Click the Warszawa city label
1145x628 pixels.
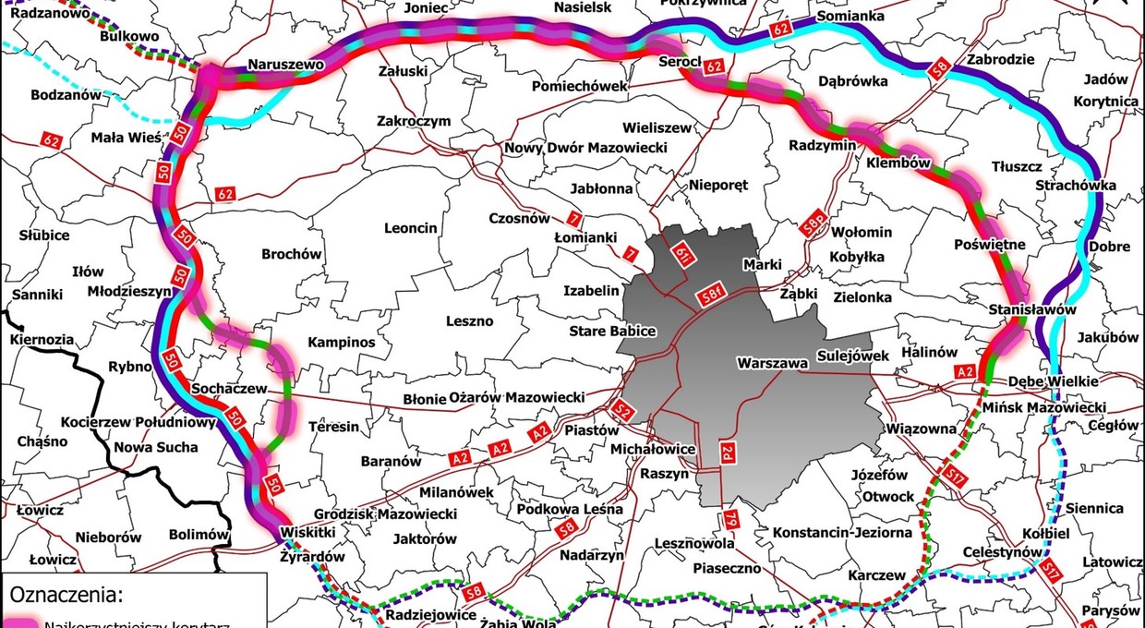tap(774, 362)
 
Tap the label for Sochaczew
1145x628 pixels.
tap(228, 390)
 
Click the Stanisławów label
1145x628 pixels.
tap(1032, 310)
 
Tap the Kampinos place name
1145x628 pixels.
tap(342, 343)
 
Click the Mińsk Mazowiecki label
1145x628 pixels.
tap(1044, 407)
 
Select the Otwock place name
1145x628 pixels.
tap(887, 496)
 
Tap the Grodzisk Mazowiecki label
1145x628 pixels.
tap(386, 513)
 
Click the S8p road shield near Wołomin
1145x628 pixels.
tap(814, 223)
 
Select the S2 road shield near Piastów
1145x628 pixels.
tap(625, 413)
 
